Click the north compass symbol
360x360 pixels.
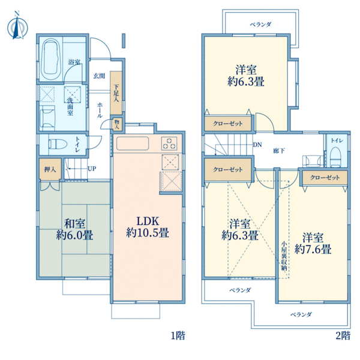17,26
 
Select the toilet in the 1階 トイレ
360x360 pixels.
58,145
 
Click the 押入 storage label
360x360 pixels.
50,170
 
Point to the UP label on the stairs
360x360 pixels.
92,169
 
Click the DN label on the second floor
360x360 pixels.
257,145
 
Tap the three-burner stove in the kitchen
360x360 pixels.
169,143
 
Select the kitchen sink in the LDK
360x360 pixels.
133,143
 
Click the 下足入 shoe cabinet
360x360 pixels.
116,93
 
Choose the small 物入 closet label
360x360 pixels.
117,125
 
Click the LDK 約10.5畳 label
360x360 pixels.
148,227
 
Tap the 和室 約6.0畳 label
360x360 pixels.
74,229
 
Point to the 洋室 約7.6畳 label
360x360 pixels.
313,244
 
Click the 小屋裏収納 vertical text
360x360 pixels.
284,256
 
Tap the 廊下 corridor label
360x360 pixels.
279,151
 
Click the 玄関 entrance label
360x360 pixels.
99,76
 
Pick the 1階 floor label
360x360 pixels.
178,335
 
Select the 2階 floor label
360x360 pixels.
343,335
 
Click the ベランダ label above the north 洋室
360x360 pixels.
261,25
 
